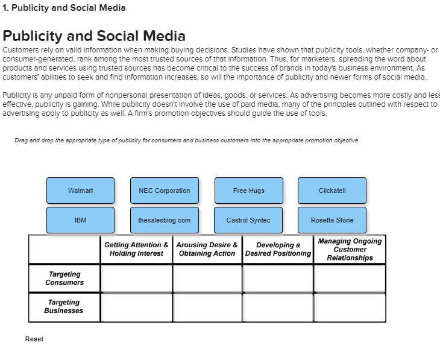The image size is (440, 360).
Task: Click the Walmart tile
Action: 80,191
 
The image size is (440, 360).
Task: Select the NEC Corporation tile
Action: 164,191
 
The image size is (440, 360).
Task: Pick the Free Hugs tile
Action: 248,191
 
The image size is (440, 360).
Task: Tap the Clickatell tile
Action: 332,191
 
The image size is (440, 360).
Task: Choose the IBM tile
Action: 80,220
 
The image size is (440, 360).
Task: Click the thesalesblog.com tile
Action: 164,220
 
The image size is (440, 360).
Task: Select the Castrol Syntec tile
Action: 248,220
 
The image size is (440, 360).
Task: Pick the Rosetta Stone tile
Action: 332,220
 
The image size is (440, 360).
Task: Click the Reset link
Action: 34,339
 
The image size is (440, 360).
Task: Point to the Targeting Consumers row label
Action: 64,278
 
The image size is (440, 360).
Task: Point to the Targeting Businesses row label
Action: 64,306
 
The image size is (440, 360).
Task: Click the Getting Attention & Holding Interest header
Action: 136,249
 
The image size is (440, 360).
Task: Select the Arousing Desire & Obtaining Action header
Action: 208,249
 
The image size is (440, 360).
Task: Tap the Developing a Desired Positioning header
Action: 278,249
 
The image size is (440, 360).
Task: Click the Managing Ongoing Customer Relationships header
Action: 350,249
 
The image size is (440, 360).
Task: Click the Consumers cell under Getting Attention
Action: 137,278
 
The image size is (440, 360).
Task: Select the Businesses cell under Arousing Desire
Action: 208,307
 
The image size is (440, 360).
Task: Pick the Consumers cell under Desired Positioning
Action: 278,278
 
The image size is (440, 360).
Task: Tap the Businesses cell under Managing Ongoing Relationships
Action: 350,307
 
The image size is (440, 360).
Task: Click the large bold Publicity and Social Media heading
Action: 94,36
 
